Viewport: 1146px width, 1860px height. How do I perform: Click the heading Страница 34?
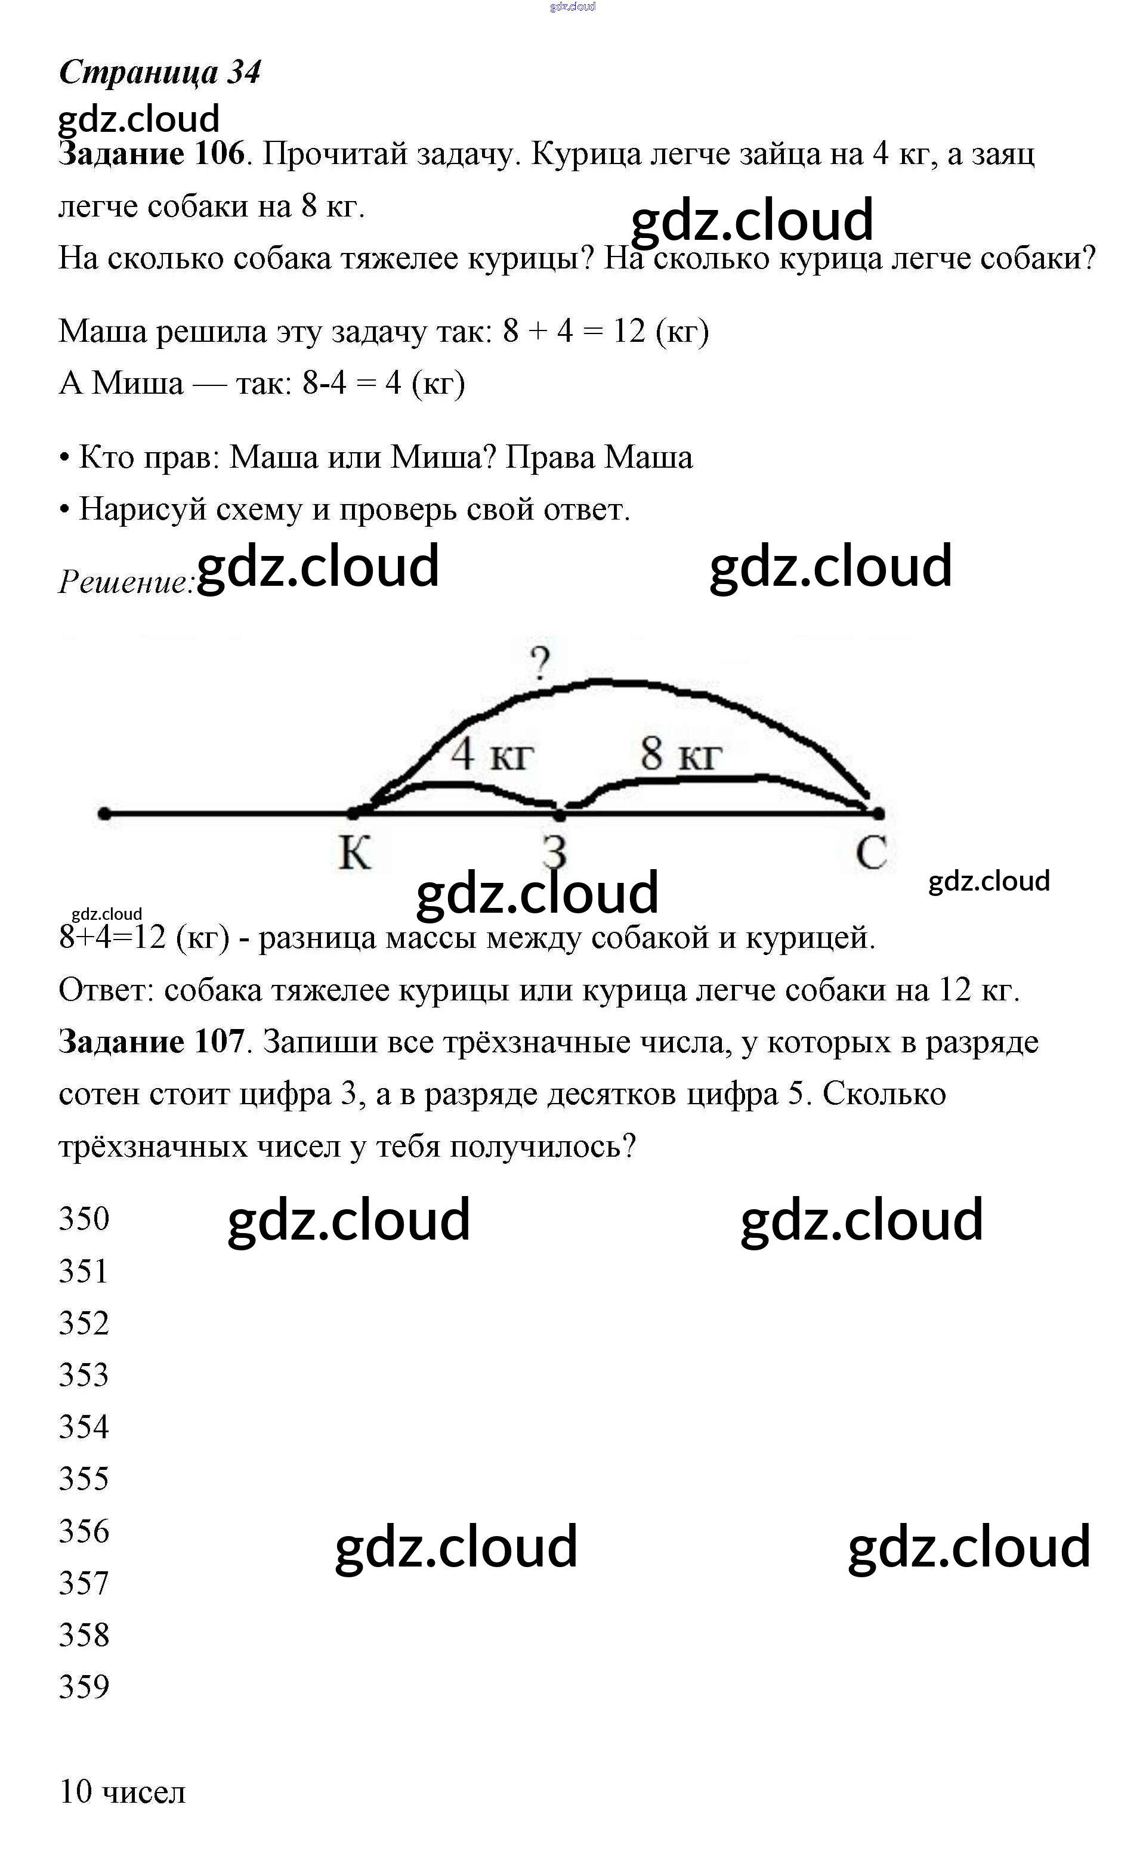click(x=160, y=73)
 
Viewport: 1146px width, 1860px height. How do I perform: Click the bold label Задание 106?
click(x=152, y=155)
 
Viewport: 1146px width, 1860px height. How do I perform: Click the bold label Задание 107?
click(x=152, y=1042)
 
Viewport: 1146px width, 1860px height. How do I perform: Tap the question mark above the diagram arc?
click(x=540, y=664)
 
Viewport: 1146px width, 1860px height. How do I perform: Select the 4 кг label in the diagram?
click(x=492, y=754)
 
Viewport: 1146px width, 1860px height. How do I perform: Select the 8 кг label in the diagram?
click(x=680, y=754)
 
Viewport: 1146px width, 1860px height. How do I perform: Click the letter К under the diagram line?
click(x=354, y=854)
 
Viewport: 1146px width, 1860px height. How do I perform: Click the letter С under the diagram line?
click(x=871, y=854)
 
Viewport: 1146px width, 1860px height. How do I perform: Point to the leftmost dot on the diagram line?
click(x=104, y=814)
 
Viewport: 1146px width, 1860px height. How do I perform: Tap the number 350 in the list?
click(x=84, y=1219)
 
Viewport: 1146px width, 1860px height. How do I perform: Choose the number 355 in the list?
click(x=84, y=1479)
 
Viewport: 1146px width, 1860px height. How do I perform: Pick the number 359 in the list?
click(x=84, y=1687)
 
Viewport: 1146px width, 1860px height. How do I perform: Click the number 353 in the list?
click(x=84, y=1375)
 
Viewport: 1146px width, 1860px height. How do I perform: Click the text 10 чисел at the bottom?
click(x=122, y=1792)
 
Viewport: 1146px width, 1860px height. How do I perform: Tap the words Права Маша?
click(x=599, y=458)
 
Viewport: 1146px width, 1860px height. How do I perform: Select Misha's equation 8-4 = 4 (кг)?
click(x=383, y=384)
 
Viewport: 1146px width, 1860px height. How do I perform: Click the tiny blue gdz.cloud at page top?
click(x=572, y=7)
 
